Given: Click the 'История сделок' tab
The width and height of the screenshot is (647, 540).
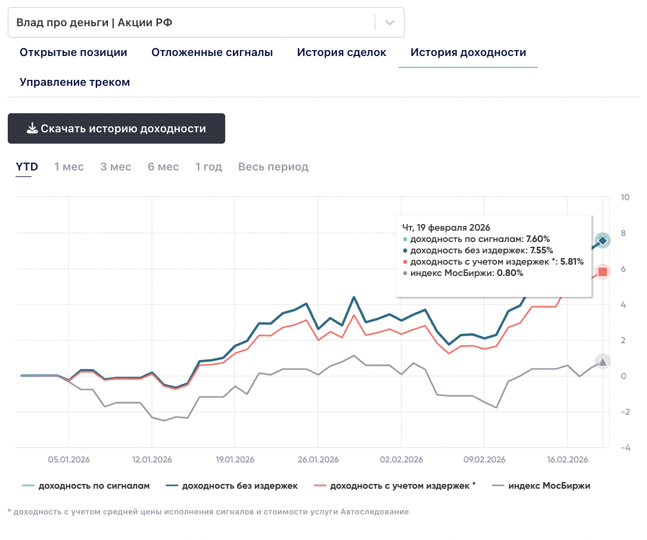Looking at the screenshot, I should [x=341, y=52].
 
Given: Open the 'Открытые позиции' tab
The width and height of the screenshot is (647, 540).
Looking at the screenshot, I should [x=73, y=52].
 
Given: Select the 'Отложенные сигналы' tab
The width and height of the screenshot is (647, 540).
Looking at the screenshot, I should [x=212, y=52].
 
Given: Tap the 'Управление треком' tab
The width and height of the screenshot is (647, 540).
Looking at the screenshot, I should [x=74, y=82].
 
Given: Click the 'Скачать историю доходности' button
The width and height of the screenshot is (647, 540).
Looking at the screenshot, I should [x=116, y=129].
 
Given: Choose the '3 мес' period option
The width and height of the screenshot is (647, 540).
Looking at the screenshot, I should [x=116, y=167].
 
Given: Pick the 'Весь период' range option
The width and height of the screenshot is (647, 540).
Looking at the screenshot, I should [x=273, y=167].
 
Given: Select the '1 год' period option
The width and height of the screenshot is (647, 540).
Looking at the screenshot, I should [x=209, y=167].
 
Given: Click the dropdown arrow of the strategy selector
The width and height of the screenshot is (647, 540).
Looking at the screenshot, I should [x=390, y=23].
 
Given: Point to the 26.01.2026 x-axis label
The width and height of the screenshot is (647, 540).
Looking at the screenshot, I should [x=318, y=460].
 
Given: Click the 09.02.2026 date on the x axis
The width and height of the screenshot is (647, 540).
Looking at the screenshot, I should [x=484, y=460].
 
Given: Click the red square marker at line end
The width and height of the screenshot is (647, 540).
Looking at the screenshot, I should [x=602, y=272].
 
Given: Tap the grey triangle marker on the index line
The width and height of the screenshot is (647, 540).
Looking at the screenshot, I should [x=602, y=362].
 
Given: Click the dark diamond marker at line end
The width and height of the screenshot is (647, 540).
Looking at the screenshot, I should [x=602, y=240].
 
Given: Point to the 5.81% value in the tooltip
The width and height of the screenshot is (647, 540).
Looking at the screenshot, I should [x=571, y=262].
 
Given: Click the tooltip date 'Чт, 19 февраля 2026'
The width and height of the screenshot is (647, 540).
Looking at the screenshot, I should [x=446, y=228].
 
